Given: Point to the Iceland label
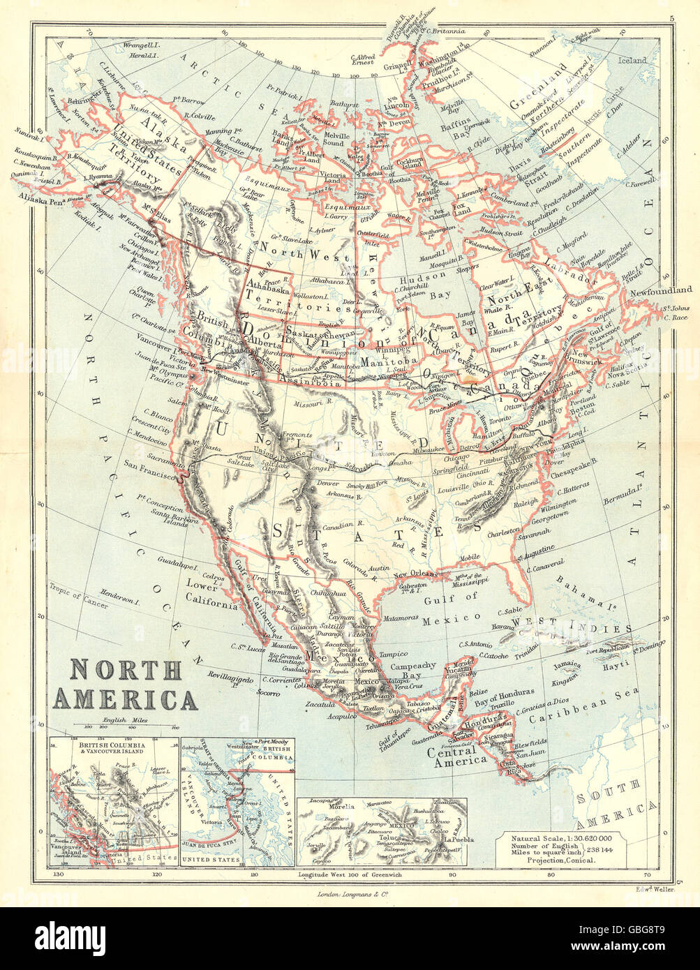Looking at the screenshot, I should [x=632, y=61].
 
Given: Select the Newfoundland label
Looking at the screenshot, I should [x=659, y=290].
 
